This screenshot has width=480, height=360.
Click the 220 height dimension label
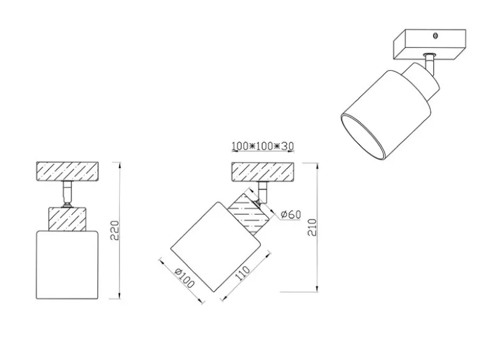point(115,230)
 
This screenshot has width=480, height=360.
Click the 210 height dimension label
point(312,227)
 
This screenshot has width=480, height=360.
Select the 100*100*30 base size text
point(263,146)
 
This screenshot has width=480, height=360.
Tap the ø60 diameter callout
point(291,214)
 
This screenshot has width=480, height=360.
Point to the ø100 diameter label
point(184,278)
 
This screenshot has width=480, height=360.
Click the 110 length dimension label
point(242,273)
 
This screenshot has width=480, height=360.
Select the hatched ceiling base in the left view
point(67,172)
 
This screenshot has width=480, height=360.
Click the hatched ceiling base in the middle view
point(263,172)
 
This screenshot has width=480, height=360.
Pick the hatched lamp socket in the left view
point(67,219)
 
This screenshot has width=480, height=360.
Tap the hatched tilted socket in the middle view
point(249,214)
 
